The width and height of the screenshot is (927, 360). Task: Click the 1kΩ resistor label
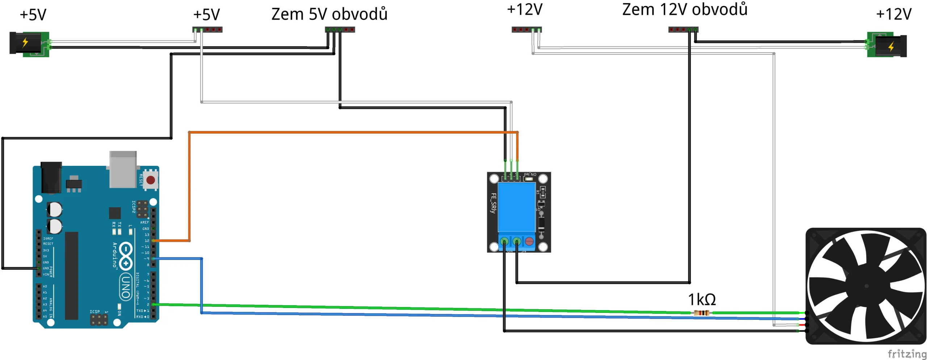[702, 300]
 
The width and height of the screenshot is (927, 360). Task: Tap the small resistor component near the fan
[701, 313]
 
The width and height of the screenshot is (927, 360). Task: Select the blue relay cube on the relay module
[516, 207]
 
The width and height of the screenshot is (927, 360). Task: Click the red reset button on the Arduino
[151, 180]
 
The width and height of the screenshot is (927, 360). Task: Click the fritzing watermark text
[907, 353]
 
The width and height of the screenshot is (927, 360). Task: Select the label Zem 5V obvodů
[329, 14]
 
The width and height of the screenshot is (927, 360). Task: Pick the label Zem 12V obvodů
[684, 10]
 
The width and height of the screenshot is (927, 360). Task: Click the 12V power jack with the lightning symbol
[887, 46]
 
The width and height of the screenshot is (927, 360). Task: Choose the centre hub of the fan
[866, 286]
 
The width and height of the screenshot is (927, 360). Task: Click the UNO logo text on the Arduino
[126, 287]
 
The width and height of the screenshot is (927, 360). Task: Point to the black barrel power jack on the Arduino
[51, 177]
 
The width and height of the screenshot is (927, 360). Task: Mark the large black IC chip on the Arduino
[71, 275]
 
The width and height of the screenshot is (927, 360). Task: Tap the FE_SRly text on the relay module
[493, 203]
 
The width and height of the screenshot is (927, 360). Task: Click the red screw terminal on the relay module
[529, 241]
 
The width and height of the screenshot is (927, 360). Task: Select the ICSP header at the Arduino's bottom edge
[98, 319]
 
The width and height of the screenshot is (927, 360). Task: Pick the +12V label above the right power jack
[893, 14]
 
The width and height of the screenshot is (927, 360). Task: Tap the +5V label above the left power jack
[33, 15]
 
